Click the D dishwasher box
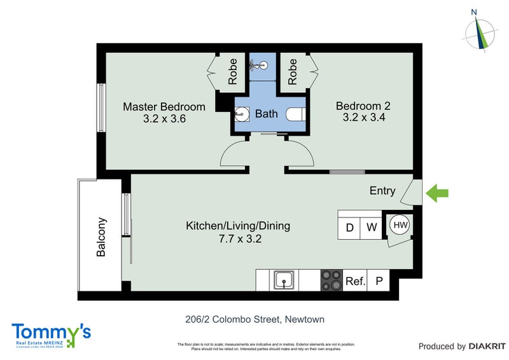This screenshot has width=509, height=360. point(349,227)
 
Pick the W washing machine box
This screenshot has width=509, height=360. point(372,227)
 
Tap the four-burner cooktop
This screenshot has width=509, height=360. point(330,279)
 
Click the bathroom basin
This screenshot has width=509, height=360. point(242,114)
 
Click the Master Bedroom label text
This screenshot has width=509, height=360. point(164,106)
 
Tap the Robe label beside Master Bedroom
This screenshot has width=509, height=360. point(233,72)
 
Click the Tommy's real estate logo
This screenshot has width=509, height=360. point(51,334)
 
